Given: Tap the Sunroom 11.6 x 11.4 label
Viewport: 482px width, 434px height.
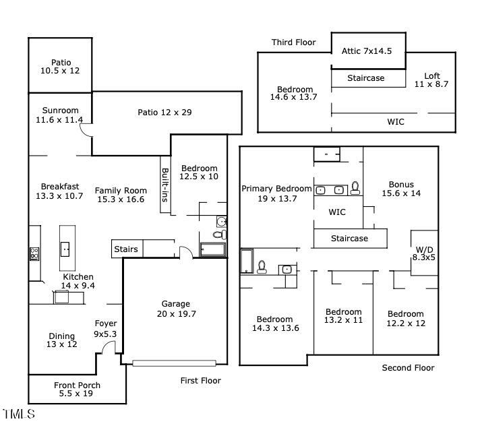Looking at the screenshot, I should pyautogui.click(x=60, y=115).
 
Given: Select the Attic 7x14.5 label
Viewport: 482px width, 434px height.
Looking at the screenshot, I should pyautogui.click(x=367, y=51).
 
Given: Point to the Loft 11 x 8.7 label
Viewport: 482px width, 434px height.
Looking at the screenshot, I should pyautogui.click(x=431, y=80).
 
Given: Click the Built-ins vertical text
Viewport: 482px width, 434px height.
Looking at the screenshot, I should pyautogui.click(x=164, y=186).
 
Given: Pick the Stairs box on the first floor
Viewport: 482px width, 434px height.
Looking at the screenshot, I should pyautogui.click(x=126, y=249).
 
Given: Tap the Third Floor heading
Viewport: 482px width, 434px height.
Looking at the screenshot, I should pyautogui.click(x=293, y=42).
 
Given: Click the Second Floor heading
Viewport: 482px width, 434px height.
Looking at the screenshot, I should pyautogui.click(x=408, y=367).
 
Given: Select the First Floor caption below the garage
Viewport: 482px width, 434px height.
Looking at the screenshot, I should pyautogui.click(x=200, y=381).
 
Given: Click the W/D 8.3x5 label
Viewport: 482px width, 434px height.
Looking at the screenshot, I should pyautogui.click(x=424, y=252).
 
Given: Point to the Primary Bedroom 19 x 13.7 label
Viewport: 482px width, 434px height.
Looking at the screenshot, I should pyautogui.click(x=276, y=193).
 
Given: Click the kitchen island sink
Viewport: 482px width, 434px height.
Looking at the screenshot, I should pyautogui.click(x=66, y=249).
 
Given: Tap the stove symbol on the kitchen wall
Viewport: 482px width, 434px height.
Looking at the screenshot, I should pyautogui.click(x=34, y=254).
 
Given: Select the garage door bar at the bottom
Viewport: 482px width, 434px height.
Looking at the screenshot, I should pyautogui.click(x=174, y=363).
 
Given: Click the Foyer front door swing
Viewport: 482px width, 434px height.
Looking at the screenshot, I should pyautogui.click(x=108, y=347).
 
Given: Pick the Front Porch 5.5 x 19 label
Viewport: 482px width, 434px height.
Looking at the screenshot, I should pyautogui.click(x=77, y=390).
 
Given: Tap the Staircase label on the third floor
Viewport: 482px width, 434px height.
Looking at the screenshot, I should pyautogui.click(x=365, y=78).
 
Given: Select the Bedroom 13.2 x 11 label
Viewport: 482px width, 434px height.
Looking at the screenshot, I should pyautogui.click(x=343, y=316).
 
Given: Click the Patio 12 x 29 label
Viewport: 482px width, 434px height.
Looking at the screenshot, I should pyautogui.click(x=164, y=112).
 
